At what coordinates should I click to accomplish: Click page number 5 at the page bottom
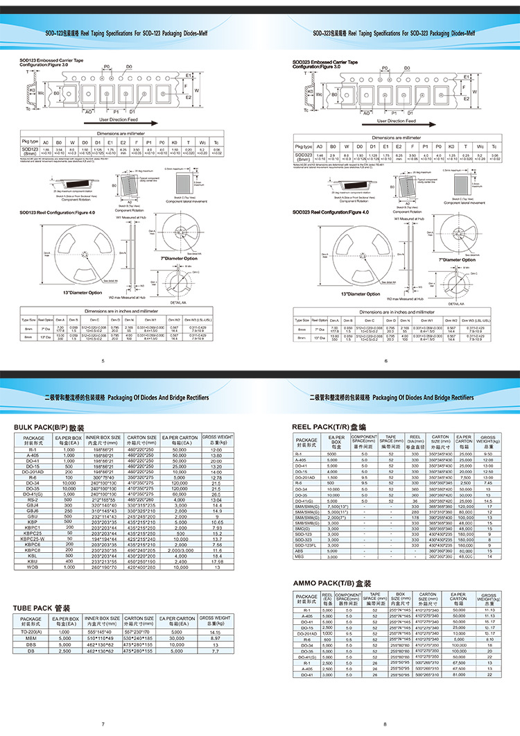[x=103, y=361]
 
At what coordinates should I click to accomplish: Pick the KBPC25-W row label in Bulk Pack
[x=34, y=538]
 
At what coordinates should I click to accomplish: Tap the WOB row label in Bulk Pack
[x=34, y=567]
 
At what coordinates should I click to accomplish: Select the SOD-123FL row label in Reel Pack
[x=306, y=547]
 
